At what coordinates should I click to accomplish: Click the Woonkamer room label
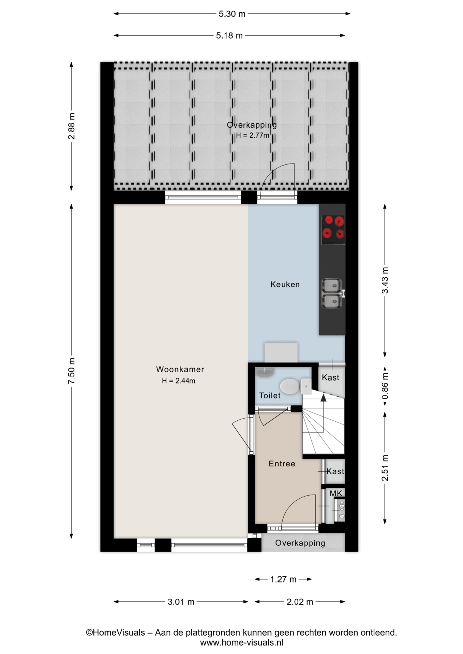180,369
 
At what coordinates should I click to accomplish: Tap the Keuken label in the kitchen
285,284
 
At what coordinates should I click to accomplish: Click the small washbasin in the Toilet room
265,372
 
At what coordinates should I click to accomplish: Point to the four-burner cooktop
333,230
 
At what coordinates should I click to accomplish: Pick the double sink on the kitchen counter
332,294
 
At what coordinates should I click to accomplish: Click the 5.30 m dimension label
232,14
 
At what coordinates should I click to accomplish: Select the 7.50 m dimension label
71,371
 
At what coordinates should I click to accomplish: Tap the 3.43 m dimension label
385,280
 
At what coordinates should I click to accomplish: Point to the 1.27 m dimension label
283,579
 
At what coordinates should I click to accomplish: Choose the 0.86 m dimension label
385,386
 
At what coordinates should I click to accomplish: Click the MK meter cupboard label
336,493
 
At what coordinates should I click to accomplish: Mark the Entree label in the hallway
282,464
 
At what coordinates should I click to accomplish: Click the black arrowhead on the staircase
323,397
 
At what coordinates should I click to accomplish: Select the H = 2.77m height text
253,135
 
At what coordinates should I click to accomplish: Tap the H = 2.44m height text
179,381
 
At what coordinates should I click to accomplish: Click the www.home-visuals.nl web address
241,643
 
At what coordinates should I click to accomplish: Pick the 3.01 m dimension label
181,602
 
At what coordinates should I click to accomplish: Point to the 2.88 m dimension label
71,126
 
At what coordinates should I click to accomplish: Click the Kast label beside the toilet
331,377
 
